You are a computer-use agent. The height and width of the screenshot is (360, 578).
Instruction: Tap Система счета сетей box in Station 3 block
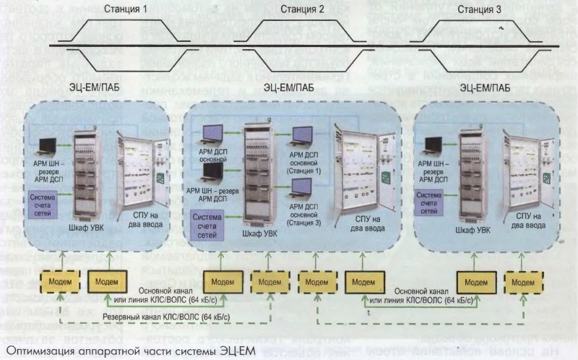coord(436,198)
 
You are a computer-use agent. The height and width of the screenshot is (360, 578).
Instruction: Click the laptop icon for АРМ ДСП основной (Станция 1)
coord(301,137)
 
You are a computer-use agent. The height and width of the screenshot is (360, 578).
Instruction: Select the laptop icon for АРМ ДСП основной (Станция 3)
coord(301,189)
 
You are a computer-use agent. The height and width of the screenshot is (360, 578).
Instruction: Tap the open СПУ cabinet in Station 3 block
coord(535,169)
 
